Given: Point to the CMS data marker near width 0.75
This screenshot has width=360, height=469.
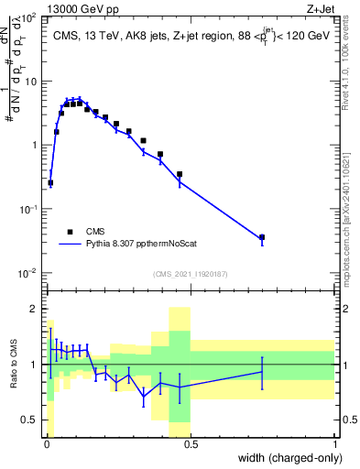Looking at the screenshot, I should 262,237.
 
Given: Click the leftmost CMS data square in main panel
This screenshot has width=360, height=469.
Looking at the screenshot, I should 50,183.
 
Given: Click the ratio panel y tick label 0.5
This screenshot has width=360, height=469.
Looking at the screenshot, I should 28,420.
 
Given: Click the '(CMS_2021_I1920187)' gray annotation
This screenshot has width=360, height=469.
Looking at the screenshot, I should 190,274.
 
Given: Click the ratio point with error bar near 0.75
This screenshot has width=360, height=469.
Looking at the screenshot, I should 262,372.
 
